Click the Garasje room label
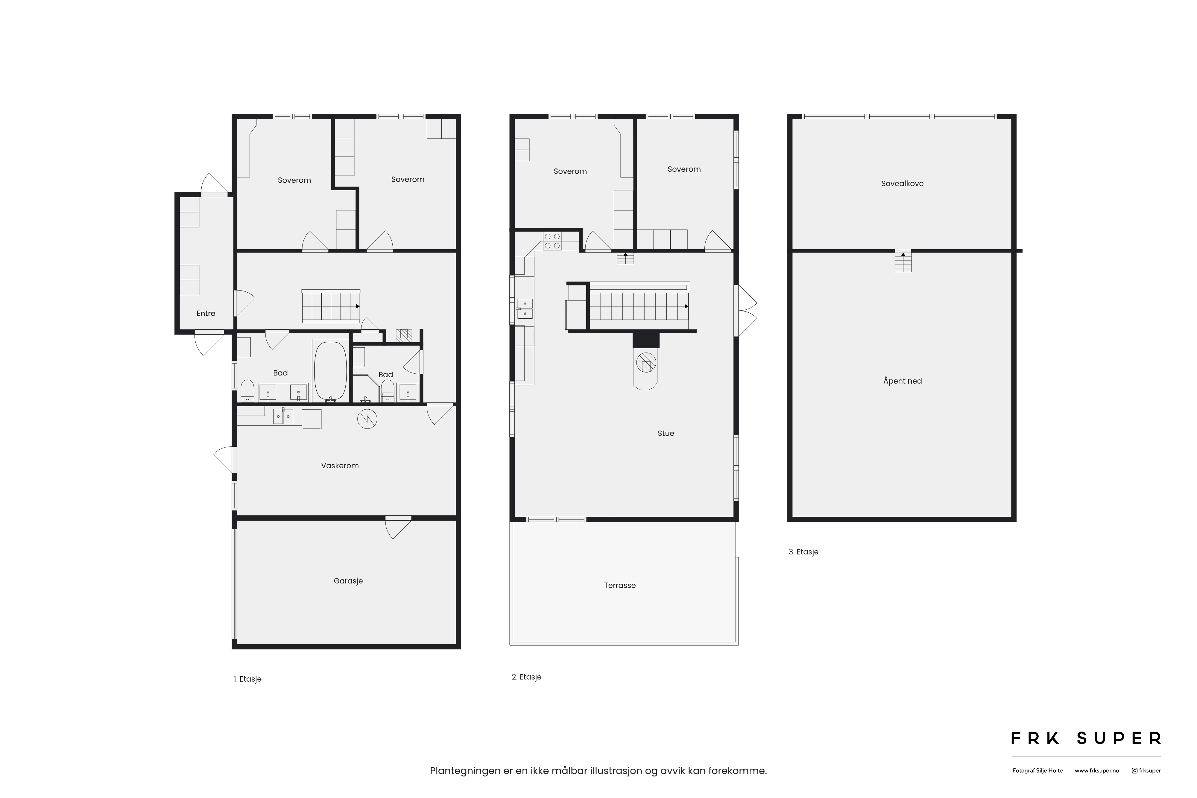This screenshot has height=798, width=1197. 348,581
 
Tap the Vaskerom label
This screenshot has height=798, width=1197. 340,466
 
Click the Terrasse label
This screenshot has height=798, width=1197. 620,585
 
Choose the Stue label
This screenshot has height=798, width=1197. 666,434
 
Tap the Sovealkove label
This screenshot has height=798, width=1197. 902,184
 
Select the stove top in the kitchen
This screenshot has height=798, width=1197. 552,241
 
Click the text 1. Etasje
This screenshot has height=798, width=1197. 248,679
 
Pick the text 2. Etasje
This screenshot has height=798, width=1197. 527,677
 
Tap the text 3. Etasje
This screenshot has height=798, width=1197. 803,552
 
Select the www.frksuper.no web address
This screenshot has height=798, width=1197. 1097,770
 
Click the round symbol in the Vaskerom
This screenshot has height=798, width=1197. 367,419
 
